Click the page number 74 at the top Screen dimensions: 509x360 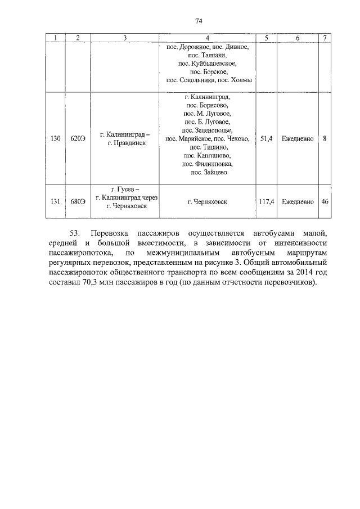point(199,21)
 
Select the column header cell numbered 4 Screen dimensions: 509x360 point(208,38)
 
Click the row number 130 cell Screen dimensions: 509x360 point(55,138)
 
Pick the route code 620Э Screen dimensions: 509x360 point(78,138)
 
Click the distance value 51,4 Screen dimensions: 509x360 point(267,138)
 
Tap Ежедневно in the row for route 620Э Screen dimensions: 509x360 point(298,138)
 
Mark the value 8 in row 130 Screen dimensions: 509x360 point(325,138)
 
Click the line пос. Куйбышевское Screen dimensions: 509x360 point(208,64)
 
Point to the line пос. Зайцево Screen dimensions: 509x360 point(208,173)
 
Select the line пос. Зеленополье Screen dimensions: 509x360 point(208,129)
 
